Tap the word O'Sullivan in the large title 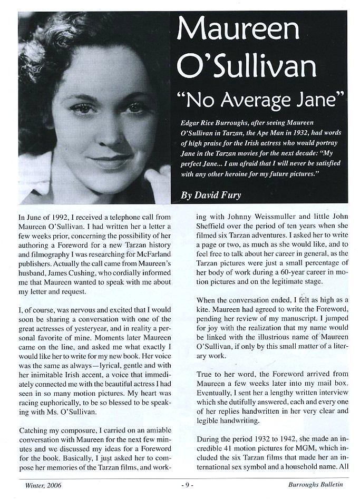coord(247,66)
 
